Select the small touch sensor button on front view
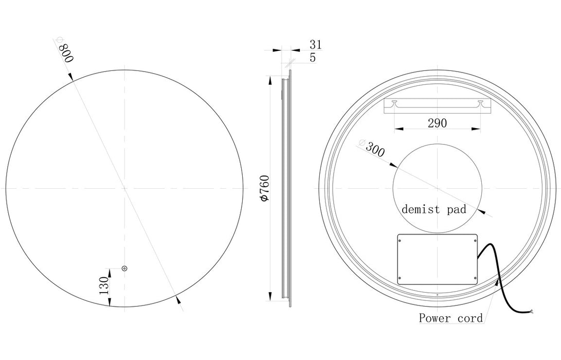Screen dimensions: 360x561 pos(124,268)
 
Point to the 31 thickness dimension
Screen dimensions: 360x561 pos(315,45)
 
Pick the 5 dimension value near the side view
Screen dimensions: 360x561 pos(313,58)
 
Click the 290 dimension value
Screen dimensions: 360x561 pos(437,123)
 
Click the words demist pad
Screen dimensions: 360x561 pos(434,209)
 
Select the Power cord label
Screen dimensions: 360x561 pos(451,318)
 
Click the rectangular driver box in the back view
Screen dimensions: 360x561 pos(438,260)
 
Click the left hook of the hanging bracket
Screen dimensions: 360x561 pos(394,104)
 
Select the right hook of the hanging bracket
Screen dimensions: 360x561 pos(480,104)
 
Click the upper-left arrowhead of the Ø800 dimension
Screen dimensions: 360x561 pos(71,78)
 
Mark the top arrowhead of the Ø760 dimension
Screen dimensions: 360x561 pos(268,78)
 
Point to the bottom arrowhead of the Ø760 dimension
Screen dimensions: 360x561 pos(268,298)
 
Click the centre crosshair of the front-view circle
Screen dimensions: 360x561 pos(124,188)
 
